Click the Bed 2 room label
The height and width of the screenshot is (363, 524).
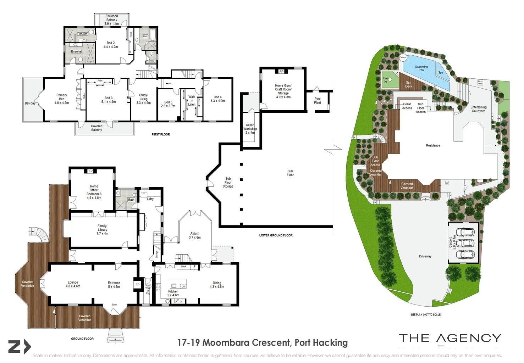(111, 45)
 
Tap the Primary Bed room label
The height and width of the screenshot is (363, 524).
(62, 99)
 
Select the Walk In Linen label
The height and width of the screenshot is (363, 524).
(192, 101)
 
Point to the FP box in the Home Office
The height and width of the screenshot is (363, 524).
(90, 171)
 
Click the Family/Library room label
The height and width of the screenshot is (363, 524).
(103, 230)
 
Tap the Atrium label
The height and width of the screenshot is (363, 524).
(195, 235)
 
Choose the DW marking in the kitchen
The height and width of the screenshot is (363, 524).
(183, 286)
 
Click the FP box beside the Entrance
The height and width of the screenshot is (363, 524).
(137, 285)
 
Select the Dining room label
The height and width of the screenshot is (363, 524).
(217, 285)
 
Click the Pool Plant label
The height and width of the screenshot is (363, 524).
(318, 101)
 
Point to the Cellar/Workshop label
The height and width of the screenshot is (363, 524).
(250, 129)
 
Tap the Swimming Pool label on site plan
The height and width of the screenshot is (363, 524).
(421, 68)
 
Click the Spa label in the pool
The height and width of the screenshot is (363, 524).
(441, 73)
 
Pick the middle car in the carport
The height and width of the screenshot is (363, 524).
(465, 244)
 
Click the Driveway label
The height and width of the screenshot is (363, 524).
(425, 256)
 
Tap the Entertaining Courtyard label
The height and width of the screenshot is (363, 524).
(478, 109)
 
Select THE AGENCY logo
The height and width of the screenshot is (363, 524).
(450, 339)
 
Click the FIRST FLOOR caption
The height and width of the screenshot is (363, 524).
(161, 134)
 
